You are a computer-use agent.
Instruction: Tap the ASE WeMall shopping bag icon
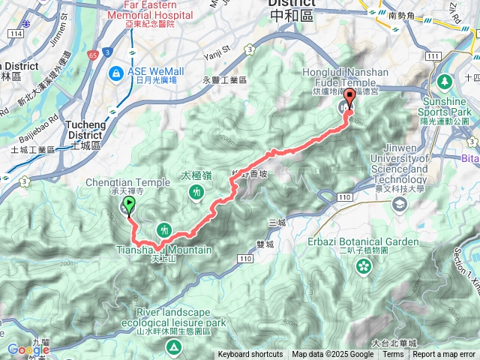(x=116, y=73)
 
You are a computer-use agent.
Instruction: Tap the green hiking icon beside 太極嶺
(x=196, y=192)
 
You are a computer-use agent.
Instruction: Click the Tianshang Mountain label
(x=164, y=250)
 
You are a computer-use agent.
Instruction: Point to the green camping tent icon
(x=173, y=325)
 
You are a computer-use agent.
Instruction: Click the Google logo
(x=28, y=350)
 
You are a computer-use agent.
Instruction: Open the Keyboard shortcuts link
(x=250, y=355)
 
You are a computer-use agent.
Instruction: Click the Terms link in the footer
(x=393, y=355)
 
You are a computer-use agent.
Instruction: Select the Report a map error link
(x=445, y=355)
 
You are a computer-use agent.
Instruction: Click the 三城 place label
(x=277, y=223)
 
